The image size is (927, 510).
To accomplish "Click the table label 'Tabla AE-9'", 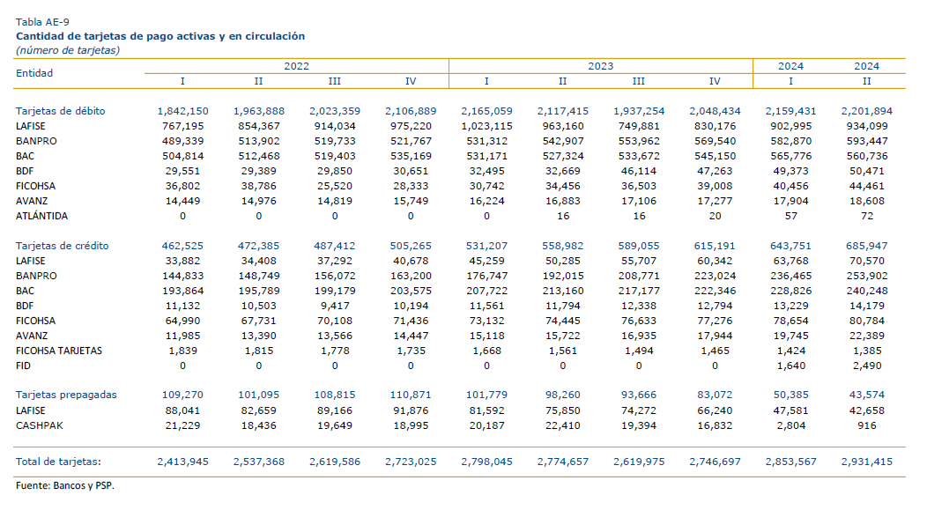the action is click(42, 22).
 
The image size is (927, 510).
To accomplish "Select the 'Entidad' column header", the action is click(34, 73).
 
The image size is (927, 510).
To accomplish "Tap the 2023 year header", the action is click(601, 66).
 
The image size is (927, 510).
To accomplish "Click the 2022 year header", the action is click(296, 66).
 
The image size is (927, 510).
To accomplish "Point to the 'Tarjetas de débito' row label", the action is click(60, 111).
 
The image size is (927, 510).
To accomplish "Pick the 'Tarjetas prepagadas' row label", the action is click(66, 395).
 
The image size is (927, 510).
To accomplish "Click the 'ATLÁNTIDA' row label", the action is click(42, 216).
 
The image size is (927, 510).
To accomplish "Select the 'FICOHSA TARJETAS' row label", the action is click(59, 351).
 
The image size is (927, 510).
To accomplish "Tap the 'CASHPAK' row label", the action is click(40, 425).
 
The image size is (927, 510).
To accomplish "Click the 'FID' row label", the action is click(23, 366).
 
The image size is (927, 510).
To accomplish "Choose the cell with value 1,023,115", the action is click(486, 126).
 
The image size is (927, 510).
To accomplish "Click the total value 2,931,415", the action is click(867, 462).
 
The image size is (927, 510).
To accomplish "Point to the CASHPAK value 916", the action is click(867, 425).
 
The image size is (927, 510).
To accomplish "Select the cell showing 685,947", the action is click(867, 246).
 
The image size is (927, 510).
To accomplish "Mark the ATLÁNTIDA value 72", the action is click(867, 216).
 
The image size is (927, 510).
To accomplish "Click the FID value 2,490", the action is click(867, 366).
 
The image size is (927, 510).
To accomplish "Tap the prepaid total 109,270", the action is click(182, 395).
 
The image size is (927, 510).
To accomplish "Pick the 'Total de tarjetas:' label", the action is click(58, 462).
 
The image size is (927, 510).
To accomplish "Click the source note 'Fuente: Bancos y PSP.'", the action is click(65, 485).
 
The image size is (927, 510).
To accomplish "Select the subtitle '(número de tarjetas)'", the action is click(68, 50).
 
